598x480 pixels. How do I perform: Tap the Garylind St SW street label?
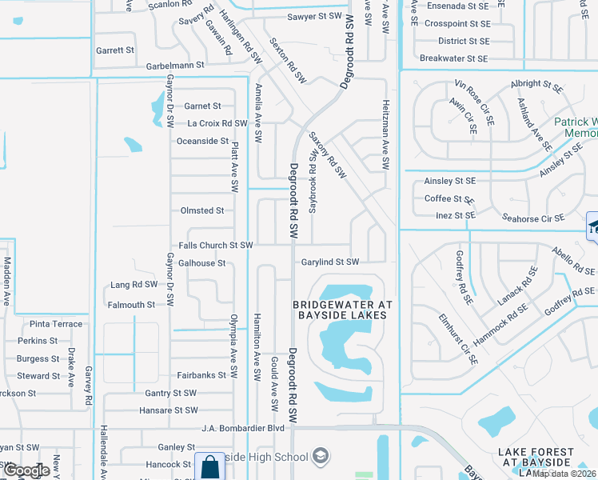329,262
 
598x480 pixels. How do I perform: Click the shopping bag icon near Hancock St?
209,466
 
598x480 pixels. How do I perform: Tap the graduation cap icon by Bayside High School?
320,456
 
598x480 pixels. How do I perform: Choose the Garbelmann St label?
173,64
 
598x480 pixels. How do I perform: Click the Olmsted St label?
202,210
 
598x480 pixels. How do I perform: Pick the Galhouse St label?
202,262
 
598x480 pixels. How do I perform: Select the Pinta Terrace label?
56,324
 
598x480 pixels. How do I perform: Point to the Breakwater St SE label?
453,58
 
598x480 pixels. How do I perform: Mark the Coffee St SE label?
449,198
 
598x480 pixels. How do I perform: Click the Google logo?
26,470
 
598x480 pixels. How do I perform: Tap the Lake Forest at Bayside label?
536,458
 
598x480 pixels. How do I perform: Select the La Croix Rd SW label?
217,123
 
